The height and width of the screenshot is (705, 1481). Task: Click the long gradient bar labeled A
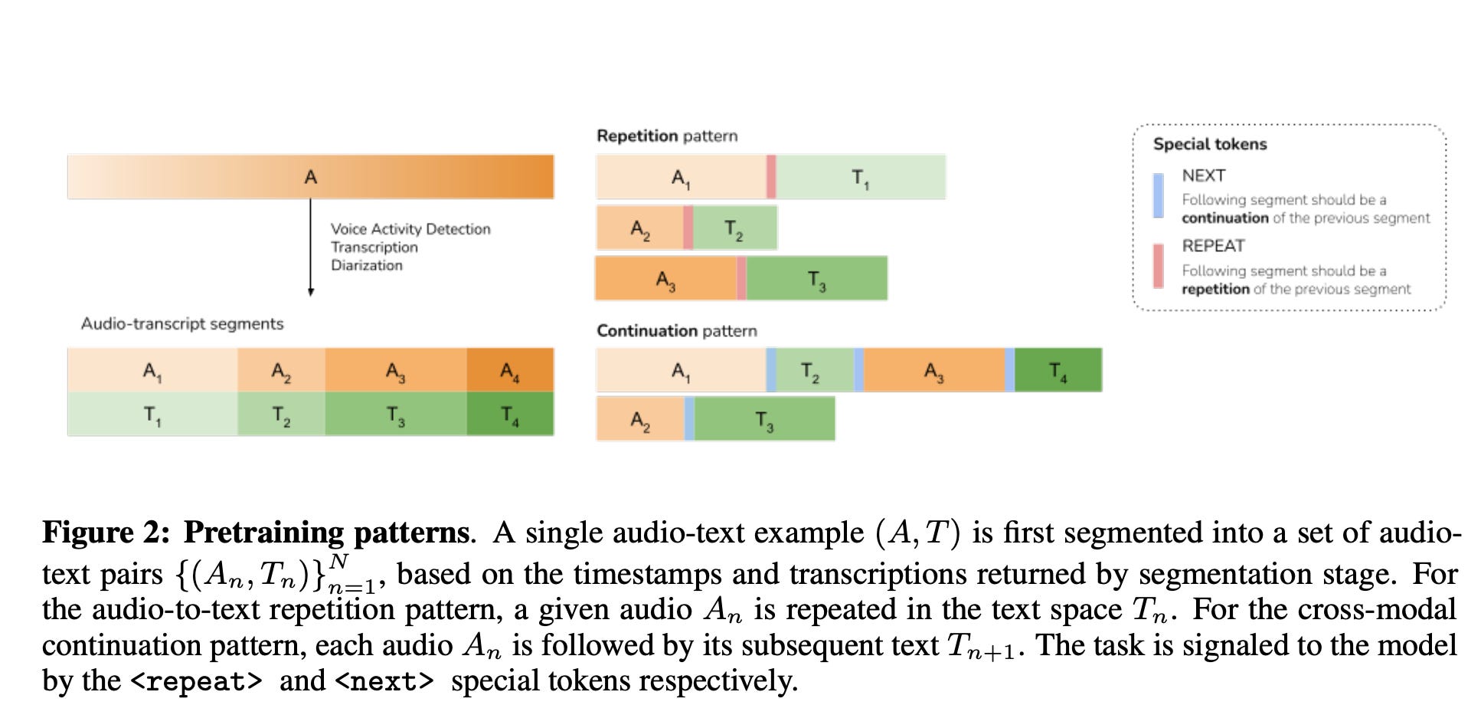(310, 177)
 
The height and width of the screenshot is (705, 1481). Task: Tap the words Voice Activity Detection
(410, 228)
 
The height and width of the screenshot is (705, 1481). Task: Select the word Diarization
(367, 265)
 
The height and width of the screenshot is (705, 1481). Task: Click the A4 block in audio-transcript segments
(510, 371)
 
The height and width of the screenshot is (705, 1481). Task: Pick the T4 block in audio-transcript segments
(510, 415)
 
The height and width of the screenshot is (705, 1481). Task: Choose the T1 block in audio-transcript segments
(152, 415)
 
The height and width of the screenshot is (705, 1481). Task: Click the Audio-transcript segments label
(182, 323)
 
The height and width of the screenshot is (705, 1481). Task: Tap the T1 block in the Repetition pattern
(861, 177)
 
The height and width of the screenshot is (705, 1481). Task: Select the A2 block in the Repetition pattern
(640, 228)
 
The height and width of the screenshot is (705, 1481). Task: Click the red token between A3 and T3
(741, 278)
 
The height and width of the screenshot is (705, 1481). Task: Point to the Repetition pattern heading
(667, 136)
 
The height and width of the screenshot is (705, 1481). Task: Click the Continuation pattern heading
(677, 330)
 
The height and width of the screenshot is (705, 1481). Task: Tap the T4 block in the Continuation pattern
(1058, 371)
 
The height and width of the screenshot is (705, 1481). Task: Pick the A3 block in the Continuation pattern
(933, 371)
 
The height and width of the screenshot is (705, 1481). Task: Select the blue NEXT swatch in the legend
(1158, 195)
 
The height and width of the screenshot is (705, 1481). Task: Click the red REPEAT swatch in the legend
(1158, 266)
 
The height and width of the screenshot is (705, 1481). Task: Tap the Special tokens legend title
(1210, 144)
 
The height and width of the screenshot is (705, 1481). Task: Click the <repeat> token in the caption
(197, 680)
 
